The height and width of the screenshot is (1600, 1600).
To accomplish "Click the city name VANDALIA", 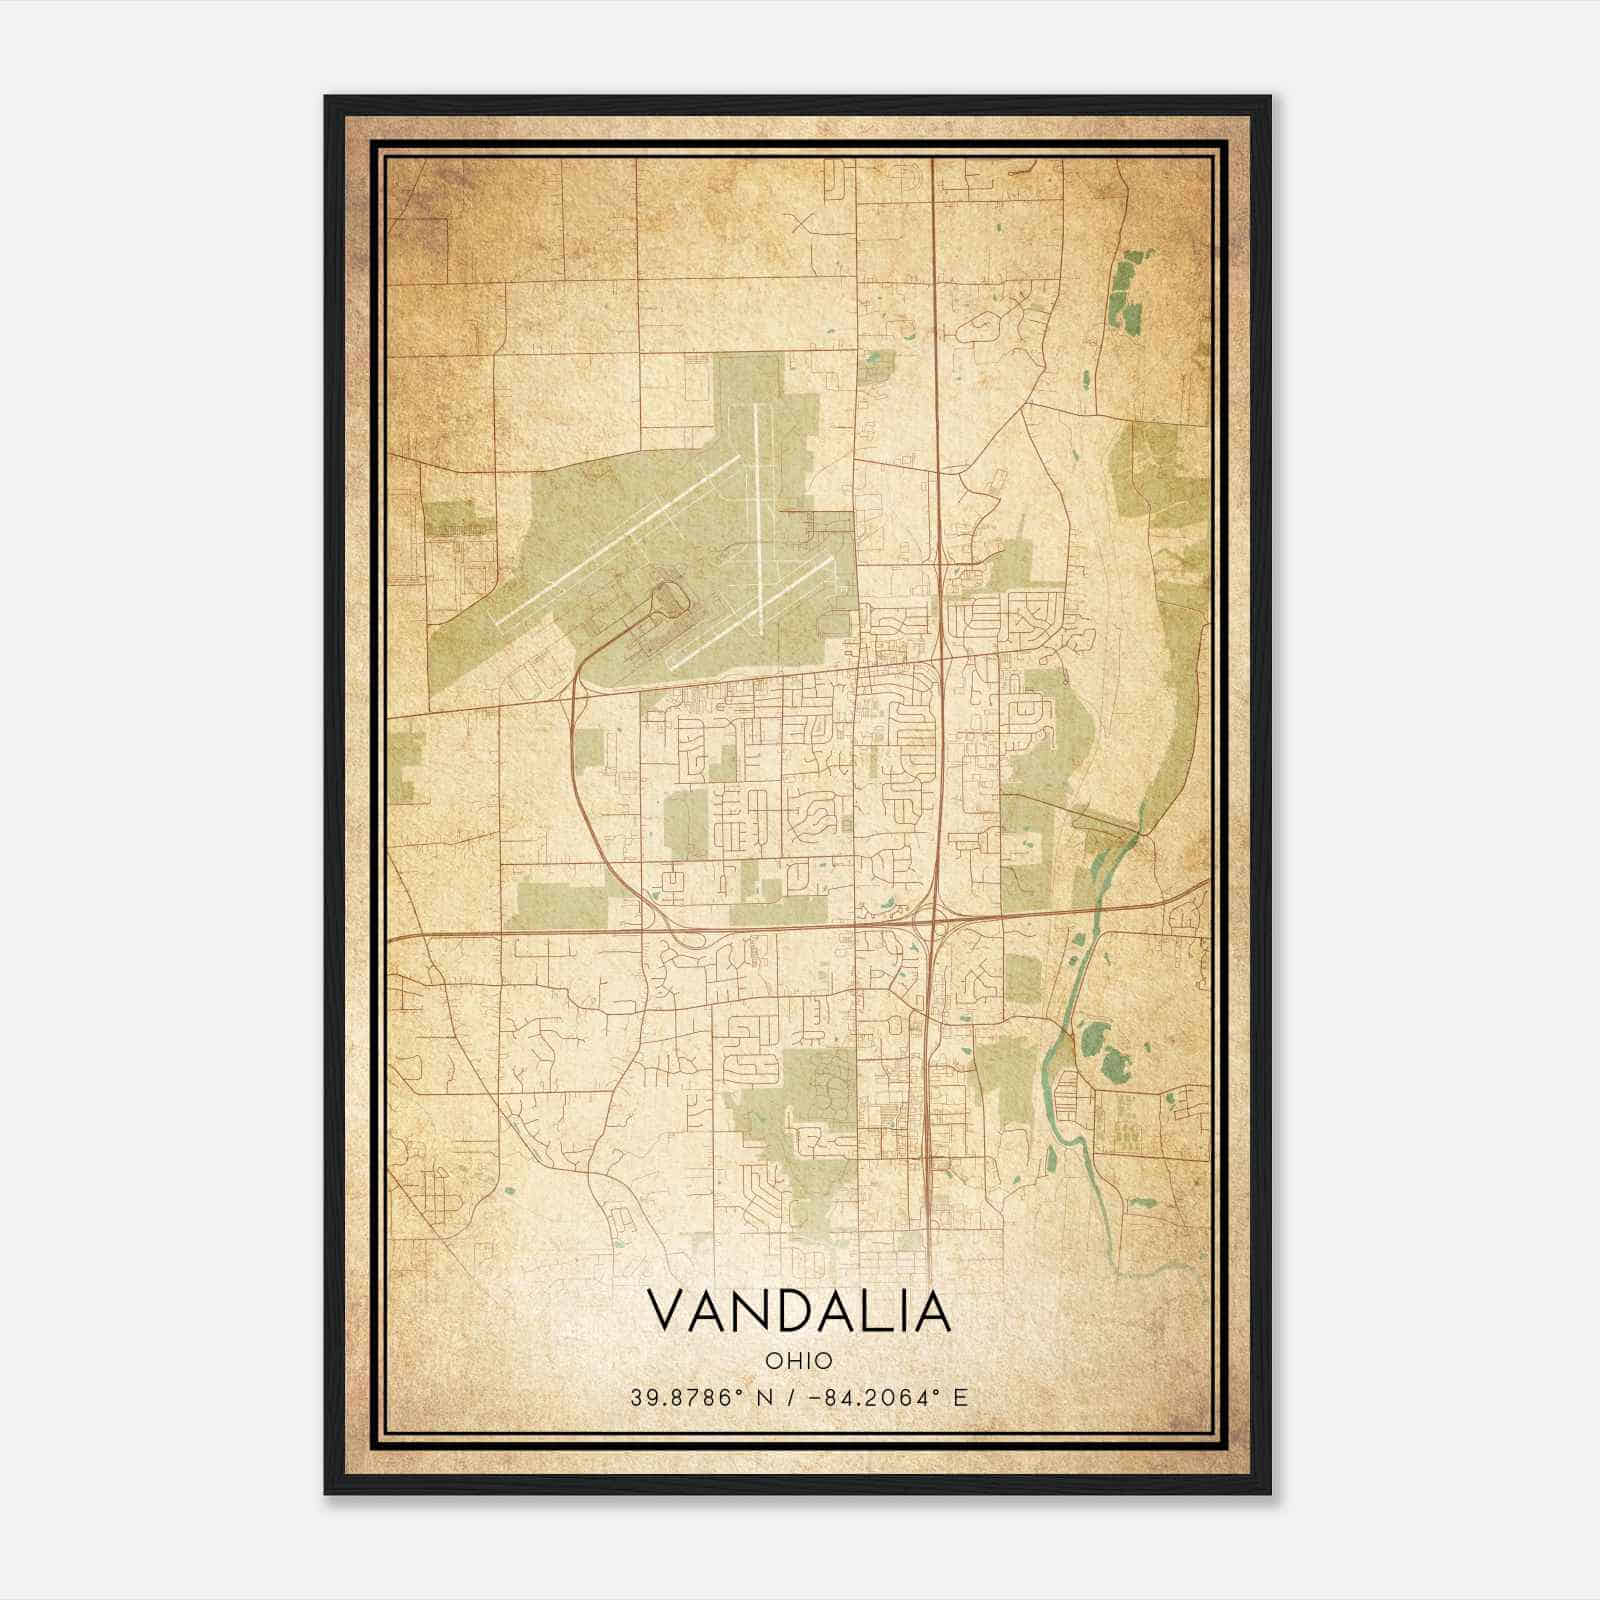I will (798, 1311).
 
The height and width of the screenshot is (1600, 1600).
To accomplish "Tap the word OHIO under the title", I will (798, 1360).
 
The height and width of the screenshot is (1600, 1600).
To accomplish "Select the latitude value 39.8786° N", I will (692, 1398).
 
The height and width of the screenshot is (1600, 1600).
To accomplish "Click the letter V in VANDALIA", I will (669, 1311).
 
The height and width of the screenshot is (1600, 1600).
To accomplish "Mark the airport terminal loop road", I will (668, 601).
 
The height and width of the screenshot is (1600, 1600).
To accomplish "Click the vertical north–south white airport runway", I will (759, 510).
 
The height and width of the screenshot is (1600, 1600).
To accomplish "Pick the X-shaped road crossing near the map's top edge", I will (802, 222).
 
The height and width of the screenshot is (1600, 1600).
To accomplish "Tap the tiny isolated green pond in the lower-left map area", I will (509, 1191).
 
